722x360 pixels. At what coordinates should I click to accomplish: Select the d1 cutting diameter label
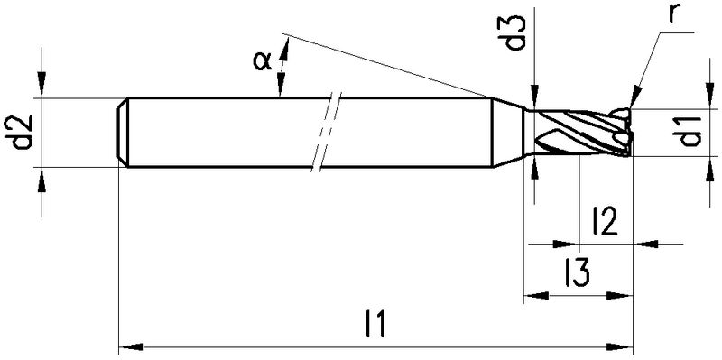[690, 132]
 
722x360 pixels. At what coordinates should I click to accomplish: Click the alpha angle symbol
[262, 60]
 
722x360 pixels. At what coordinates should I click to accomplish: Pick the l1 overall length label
[375, 324]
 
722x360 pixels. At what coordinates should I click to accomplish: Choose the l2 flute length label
[605, 221]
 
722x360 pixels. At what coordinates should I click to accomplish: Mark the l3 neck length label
[578, 272]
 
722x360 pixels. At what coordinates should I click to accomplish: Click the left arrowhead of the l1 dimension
[131, 346]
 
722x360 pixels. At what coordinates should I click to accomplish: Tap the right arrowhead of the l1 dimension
[621, 346]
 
